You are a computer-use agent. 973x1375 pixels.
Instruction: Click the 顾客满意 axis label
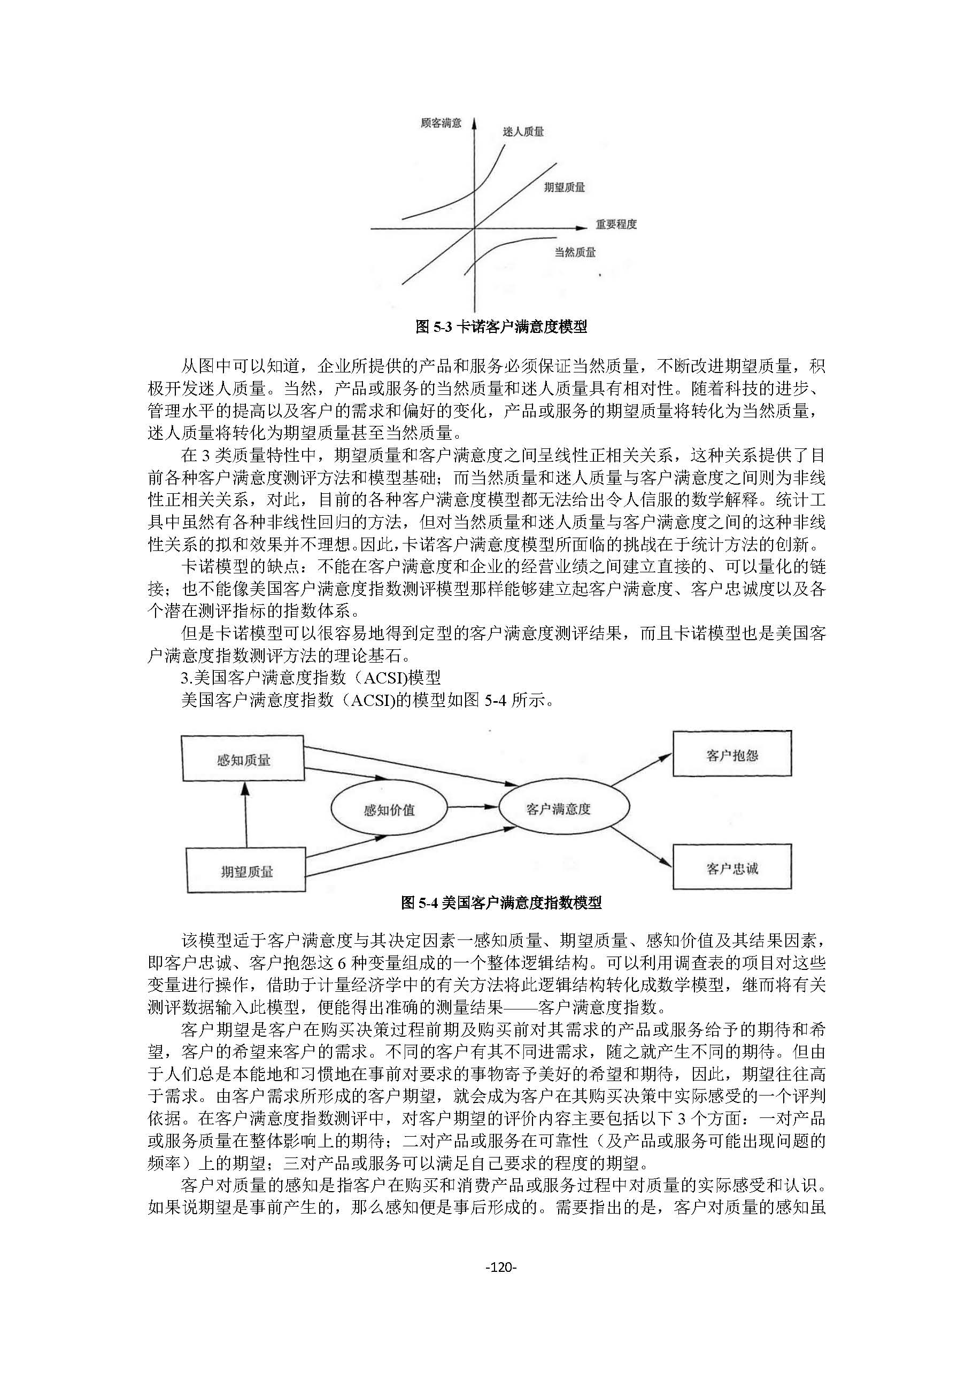tap(441, 123)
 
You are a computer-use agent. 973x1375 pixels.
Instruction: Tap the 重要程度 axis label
tap(615, 224)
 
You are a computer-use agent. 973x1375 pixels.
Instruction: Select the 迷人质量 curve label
tap(523, 132)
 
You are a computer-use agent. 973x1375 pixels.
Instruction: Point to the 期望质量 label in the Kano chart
tap(564, 188)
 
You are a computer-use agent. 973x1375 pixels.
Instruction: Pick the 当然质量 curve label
tap(575, 253)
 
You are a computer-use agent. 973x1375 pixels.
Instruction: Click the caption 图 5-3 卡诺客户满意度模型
tap(501, 327)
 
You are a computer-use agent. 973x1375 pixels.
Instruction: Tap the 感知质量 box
tap(243, 760)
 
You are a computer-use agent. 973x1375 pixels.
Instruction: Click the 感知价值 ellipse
tap(389, 810)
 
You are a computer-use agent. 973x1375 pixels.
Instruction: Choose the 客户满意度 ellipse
tap(558, 809)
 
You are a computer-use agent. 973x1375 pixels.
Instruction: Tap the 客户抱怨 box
tap(731, 755)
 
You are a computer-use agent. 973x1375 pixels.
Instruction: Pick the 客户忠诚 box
tap(731, 868)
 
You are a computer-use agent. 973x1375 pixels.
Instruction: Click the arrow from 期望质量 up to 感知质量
tap(244, 814)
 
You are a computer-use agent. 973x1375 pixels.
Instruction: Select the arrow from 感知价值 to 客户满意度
tap(473, 807)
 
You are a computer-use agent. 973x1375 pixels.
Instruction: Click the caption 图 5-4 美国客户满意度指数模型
tap(501, 903)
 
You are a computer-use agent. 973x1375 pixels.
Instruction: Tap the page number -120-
tap(501, 1267)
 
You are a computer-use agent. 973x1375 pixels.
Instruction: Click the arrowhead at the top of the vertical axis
tap(474, 123)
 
